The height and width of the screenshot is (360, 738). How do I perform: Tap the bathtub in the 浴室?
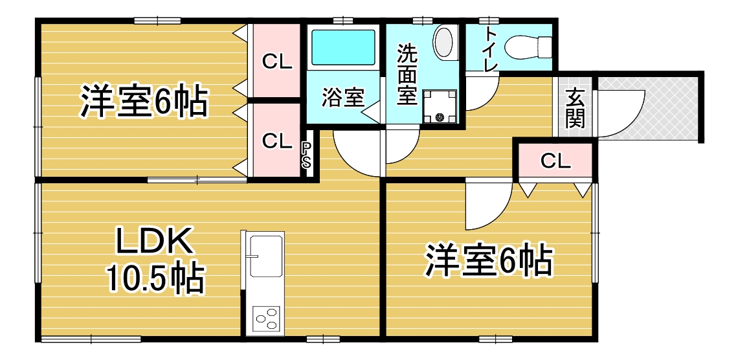(344, 47)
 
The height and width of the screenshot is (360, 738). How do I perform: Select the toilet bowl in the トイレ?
(527, 46)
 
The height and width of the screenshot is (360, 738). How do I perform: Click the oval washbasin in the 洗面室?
(445, 43)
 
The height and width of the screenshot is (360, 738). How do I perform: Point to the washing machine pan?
(440, 107)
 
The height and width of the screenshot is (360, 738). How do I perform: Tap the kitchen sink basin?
(266, 256)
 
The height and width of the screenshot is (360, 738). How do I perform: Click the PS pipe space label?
(306, 155)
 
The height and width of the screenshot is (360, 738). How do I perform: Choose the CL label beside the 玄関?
(555, 161)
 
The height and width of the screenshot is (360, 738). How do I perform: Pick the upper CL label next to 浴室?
(277, 62)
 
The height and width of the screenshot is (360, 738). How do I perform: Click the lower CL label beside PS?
(277, 141)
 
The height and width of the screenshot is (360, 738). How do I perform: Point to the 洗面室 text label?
(406, 75)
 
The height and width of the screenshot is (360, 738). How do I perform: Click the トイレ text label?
(491, 50)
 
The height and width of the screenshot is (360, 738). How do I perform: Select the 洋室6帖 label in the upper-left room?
(144, 100)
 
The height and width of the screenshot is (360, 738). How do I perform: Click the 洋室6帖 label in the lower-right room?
(489, 259)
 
